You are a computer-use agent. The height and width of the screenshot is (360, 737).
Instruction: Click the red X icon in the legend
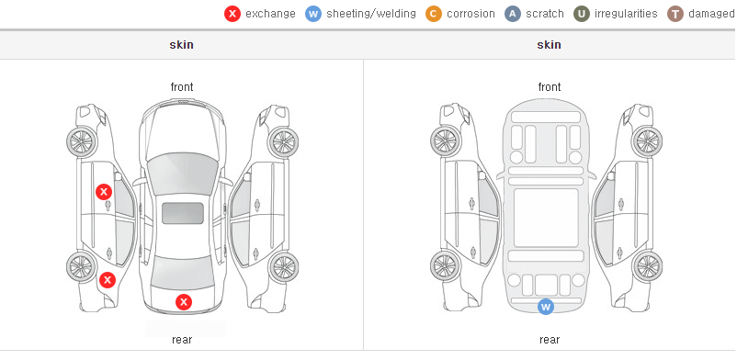232,14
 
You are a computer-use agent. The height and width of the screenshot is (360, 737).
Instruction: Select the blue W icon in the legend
313,14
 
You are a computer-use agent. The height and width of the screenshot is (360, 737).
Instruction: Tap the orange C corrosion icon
434,14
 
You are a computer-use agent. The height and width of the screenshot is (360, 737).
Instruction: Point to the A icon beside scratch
513,14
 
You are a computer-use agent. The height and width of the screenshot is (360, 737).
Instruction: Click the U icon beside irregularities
582,14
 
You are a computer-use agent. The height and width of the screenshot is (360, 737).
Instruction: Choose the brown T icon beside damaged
675,14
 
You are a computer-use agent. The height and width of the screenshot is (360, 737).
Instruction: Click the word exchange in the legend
270,14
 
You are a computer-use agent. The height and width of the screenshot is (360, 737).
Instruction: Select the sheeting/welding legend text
371,14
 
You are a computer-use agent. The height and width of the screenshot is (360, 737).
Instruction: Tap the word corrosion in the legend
471,14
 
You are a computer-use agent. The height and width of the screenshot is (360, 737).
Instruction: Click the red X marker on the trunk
184,302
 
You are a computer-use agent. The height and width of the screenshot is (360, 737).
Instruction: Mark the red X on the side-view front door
104,192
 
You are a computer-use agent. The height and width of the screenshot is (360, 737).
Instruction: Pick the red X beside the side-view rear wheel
108,280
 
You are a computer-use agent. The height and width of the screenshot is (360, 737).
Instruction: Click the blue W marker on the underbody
545,307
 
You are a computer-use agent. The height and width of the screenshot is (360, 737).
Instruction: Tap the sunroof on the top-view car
183,213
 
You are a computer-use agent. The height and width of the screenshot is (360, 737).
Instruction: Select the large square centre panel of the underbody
546,218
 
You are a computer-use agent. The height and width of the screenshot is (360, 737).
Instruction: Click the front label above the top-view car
182,87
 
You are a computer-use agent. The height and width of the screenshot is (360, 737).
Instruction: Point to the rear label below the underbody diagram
550,339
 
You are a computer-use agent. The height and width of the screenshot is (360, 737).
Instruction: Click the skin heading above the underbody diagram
549,45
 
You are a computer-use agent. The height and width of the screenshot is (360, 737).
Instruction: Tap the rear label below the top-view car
182,339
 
